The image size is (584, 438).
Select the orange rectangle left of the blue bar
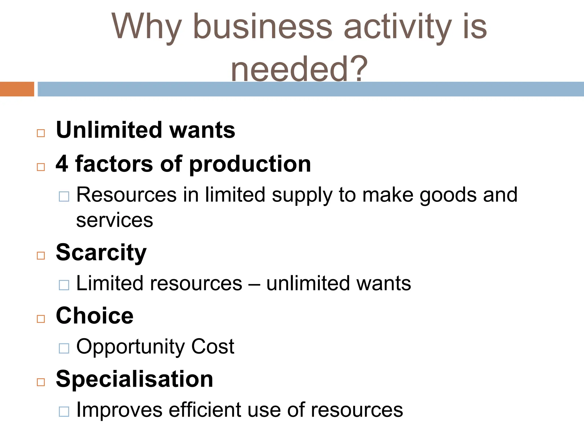tap(17, 89)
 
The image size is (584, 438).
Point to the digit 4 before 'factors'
tap(62, 164)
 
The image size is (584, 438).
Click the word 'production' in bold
tap(250, 165)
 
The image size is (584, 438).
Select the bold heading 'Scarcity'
tap(101, 253)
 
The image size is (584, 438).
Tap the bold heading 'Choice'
tap(95, 316)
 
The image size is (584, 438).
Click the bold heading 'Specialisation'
tap(134, 379)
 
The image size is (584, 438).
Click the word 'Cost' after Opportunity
tap(212, 346)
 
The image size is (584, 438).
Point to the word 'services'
tap(115, 220)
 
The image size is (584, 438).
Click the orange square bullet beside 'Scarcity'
tap(41, 255)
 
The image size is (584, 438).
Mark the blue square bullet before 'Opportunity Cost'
tap(64, 348)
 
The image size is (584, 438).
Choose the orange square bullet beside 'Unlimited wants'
tap(41, 133)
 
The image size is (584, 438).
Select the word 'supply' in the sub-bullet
tap(302, 195)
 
